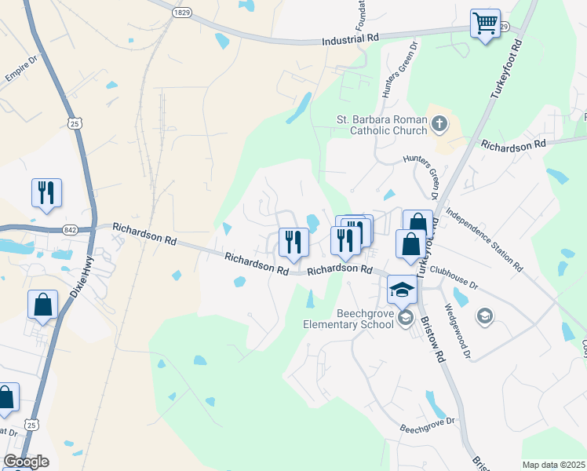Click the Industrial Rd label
click(x=350, y=38)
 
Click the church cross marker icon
click(x=439, y=122)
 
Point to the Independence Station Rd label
click(x=483, y=239)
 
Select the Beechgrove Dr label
click(x=427, y=425)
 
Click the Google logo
click(x=26, y=461)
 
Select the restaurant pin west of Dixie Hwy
click(x=46, y=192)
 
